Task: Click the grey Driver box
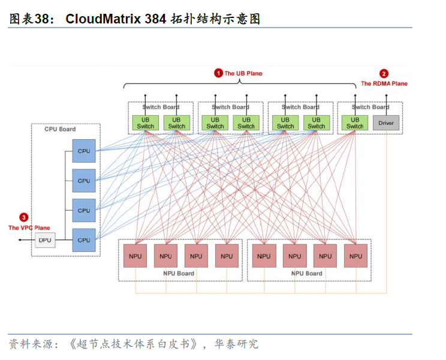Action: coord(386,123)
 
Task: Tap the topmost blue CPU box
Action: coord(84,151)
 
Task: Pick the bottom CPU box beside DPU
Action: coord(84,240)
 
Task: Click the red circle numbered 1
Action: coord(219,73)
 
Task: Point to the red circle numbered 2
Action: coord(384,74)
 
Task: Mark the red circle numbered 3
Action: coord(23,217)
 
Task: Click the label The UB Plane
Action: coord(243,74)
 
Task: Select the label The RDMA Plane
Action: coord(384,84)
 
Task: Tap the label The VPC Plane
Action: coord(29,228)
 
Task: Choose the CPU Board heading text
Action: coord(60,129)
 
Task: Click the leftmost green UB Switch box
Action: coord(146,123)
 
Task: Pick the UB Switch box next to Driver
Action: coord(355,123)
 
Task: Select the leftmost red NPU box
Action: coord(135,256)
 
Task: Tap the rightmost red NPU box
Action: coord(355,256)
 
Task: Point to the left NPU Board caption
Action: coord(179,274)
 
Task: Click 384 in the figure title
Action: coord(155,19)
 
